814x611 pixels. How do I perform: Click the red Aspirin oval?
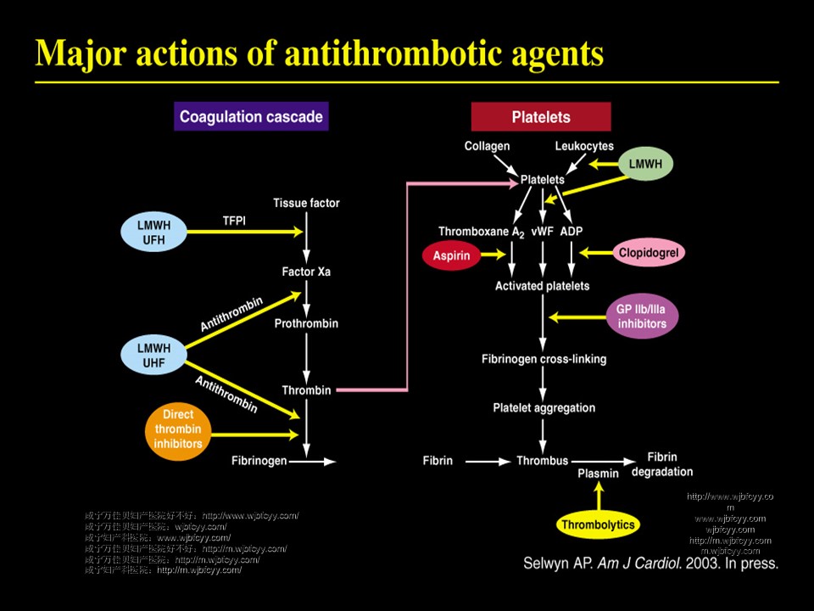click(x=452, y=254)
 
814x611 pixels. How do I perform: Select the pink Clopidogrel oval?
click(x=650, y=252)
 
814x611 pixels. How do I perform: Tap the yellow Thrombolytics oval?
click(x=598, y=524)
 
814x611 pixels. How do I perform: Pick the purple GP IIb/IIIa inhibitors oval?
click(x=642, y=316)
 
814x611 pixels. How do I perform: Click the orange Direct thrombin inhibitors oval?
click(x=178, y=429)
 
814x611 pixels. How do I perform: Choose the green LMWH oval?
click(x=645, y=162)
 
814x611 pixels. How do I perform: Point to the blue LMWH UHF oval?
click(x=153, y=356)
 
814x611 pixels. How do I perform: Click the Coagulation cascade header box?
click(x=251, y=116)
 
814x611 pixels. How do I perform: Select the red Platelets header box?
click(x=541, y=117)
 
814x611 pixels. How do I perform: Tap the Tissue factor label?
click(x=306, y=203)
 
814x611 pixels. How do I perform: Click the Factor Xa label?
click(x=306, y=272)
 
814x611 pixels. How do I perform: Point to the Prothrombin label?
click(x=306, y=323)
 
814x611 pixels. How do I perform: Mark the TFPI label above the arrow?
click(x=234, y=219)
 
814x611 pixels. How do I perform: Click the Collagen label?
click(x=487, y=146)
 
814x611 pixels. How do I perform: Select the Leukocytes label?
click(x=584, y=146)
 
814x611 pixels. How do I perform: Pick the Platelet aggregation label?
click(x=544, y=407)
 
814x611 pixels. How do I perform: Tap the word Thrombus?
click(x=542, y=461)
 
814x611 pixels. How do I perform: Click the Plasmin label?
click(x=598, y=474)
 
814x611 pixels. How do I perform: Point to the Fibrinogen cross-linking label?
click(x=544, y=359)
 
